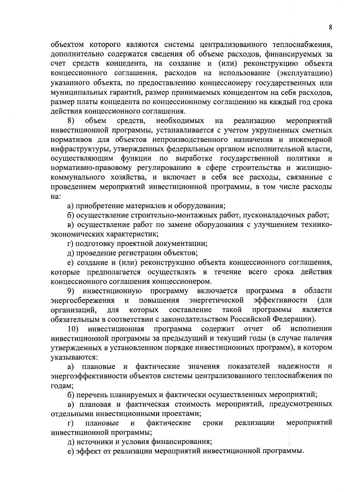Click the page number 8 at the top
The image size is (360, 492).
[x=330, y=27]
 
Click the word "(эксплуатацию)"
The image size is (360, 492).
[x=305, y=73]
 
